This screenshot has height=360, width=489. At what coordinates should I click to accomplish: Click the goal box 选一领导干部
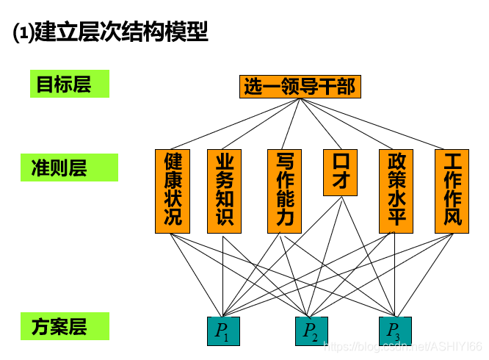pyautogui.click(x=300, y=87)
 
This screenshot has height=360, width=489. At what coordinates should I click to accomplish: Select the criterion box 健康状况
pyautogui.click(x=173, y=191)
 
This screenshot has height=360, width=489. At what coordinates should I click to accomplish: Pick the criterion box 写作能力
pyautogui.click(x=285, y=191)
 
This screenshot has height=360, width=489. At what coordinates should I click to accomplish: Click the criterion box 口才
pyautogui.click(x=341, y=173)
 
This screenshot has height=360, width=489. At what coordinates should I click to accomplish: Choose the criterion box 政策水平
pyautogui.click(x=396, y=191)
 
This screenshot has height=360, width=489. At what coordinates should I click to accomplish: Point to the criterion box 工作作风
pyautogui.click(x=452, y=191)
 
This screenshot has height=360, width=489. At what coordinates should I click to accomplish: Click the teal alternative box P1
pyautogui.click(x=222, y=331)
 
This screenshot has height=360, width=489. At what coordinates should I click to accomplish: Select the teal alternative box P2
pyautogui.click(x=311, y=331)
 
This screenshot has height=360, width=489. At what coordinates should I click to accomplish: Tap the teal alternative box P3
pyautogui.click(x=395, y=331)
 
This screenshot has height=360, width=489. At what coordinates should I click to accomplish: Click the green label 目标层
pyautogui.click(x=70, y=84)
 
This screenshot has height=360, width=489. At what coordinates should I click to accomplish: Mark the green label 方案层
pyautogui.click(x=70, y=326)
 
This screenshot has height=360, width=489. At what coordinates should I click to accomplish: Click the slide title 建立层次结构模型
pyautogui.click(x=122, y=32)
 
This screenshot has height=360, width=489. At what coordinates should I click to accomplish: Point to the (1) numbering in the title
pyautogui.click(x=23, y=33)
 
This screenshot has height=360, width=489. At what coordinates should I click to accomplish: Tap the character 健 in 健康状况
pyautogui.click(x=173, y=162)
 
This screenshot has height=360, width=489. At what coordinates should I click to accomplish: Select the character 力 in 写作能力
pyautogui.click(x=285, y=218)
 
